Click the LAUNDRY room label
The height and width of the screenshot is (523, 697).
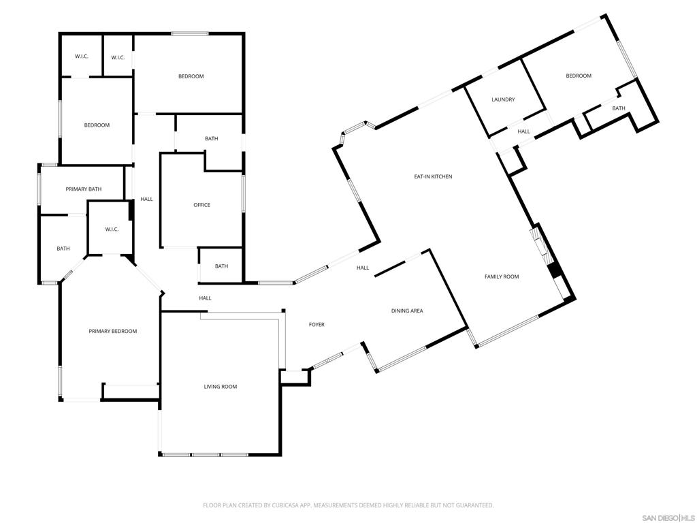(503, 99)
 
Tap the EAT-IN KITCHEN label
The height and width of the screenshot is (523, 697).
(433, 176)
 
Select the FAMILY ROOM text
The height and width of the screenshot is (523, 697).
(502, 276)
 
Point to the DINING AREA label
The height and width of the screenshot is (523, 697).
(407, 311)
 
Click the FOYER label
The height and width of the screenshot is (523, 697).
(317, 324)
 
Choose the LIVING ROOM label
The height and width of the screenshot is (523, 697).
(221, 386)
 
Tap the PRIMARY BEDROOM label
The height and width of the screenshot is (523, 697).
(113, 331)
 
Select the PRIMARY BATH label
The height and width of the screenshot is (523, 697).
(84, 189)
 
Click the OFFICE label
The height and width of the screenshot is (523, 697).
(201, 205)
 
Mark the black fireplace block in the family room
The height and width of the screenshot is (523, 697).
(555, 270)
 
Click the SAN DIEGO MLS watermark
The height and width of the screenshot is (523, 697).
(669, 518)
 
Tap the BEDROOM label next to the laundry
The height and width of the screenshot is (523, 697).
(579, 76)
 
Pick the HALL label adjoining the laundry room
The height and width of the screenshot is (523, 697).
(523, 131)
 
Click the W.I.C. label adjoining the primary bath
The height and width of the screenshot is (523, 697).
(112, 229)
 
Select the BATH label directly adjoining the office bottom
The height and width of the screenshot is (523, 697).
(221, 266)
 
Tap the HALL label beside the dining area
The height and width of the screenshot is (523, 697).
(363, 268)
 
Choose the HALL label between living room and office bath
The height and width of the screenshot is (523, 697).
(205, 298)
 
